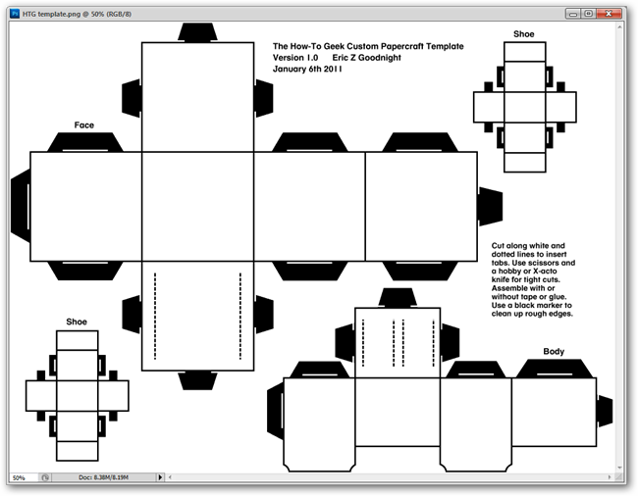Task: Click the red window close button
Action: pyautogui.click(x=609, y=14)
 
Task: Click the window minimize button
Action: pyautogui.click(x=573, y=14)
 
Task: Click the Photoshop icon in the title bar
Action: pyautogui.click(x=15, y=14)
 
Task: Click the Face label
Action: pyautogui.click(x=84, y=125)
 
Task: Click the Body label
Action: pyautogui.click(x=554, y=351)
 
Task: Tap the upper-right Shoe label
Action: pyautogui.click(x=524, y=34)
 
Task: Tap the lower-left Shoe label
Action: pyautogui.click(x=77, y=322)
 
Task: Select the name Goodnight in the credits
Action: pyautogui.click(x=380, y=58)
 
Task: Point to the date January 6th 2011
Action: pyautogui.click(x=307, y=69)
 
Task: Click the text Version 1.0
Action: pyautogui.click(x=295, y=58)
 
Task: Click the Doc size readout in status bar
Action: pyautogui.click(x=104, y=477)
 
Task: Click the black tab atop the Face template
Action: pyautogui.click(x=197, y=32)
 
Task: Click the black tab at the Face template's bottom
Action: pyautogui.click(x=197, y=380)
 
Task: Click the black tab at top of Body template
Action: pyautogui.click(x=398, y=298)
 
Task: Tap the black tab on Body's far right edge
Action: pyautogui.click(x=605, y=411)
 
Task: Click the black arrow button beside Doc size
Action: pyautogui.click(x=160, y=477)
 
